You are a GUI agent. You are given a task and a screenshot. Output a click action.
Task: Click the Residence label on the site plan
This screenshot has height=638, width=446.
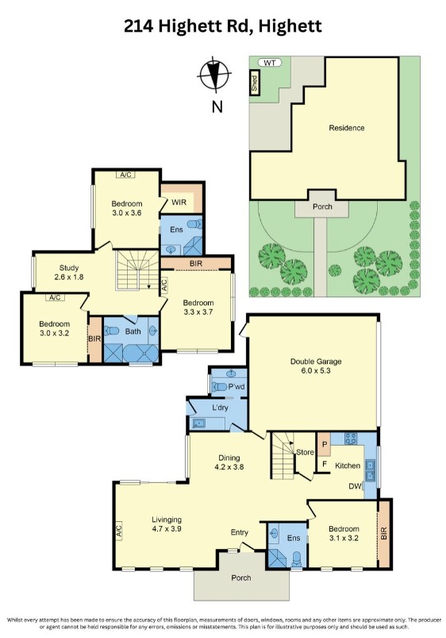coord(347,128)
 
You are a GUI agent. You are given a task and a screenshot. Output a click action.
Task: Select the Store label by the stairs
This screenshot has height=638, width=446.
coord(304,453)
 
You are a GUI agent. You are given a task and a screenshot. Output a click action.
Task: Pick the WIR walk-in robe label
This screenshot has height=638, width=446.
coord(179,203)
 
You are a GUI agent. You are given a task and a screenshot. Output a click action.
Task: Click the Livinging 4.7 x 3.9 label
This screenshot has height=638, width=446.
coord(167,527)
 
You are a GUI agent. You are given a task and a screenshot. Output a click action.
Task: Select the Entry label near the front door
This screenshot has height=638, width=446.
coord(239,532)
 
